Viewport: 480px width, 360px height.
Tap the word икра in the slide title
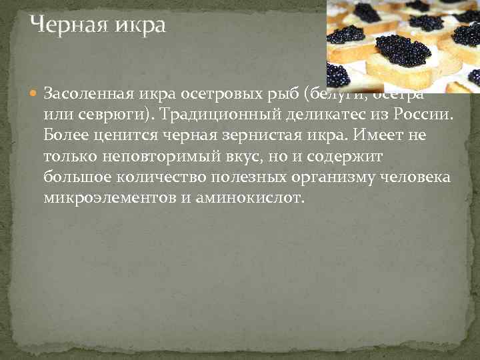pyautogui.click(x=136, y=26)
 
